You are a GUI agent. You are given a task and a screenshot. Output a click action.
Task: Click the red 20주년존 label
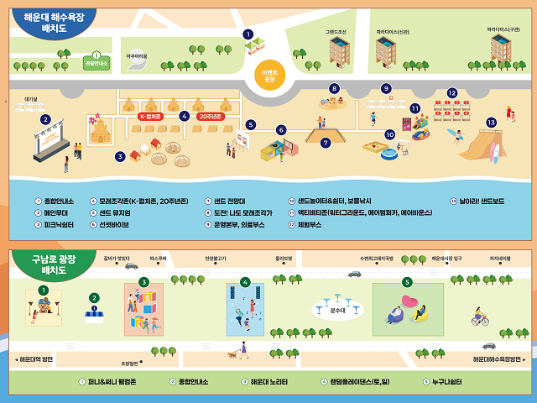point(210,117)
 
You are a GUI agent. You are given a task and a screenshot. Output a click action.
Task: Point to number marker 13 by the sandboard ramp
point(491,122)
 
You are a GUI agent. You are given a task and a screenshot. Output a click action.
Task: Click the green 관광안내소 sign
point(96,62)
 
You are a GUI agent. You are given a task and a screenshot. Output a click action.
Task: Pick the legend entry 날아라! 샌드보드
point(481,201)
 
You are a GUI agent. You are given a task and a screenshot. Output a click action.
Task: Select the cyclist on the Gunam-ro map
point(479,318)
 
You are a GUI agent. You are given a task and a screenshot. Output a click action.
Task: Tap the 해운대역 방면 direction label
point(36,359)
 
